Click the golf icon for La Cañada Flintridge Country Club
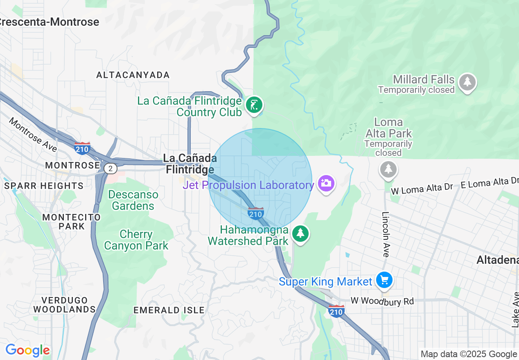254,106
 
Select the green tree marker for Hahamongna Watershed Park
301,234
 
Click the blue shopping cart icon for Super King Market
384,280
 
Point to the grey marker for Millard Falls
467,83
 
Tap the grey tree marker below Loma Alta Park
388,169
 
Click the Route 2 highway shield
110,168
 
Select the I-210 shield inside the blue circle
255,213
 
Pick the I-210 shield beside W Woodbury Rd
336,311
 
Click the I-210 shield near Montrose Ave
82,148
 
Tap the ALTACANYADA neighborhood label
133,75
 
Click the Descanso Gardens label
133,200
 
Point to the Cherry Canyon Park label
136,240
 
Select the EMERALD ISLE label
169,310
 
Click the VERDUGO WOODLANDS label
64,305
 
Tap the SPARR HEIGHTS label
44,186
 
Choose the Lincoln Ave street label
385,234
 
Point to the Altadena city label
498,260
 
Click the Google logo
27,350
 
